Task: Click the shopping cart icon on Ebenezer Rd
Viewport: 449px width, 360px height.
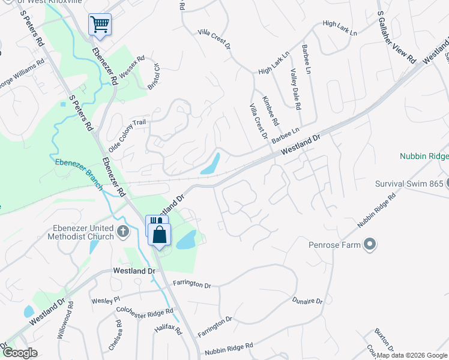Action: coord(100,25)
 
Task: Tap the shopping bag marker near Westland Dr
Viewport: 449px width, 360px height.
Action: coord(160,235)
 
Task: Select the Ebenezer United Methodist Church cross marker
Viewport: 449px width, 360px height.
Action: coord(122,231)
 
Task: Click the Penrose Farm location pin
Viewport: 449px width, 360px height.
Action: coord(370,244)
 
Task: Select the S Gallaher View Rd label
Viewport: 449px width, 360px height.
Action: coord(396,37)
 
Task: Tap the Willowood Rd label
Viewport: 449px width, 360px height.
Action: coord(71,319)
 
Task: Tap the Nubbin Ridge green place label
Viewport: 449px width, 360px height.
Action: coord(424,156)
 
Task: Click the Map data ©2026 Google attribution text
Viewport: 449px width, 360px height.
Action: coord(412,355)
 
